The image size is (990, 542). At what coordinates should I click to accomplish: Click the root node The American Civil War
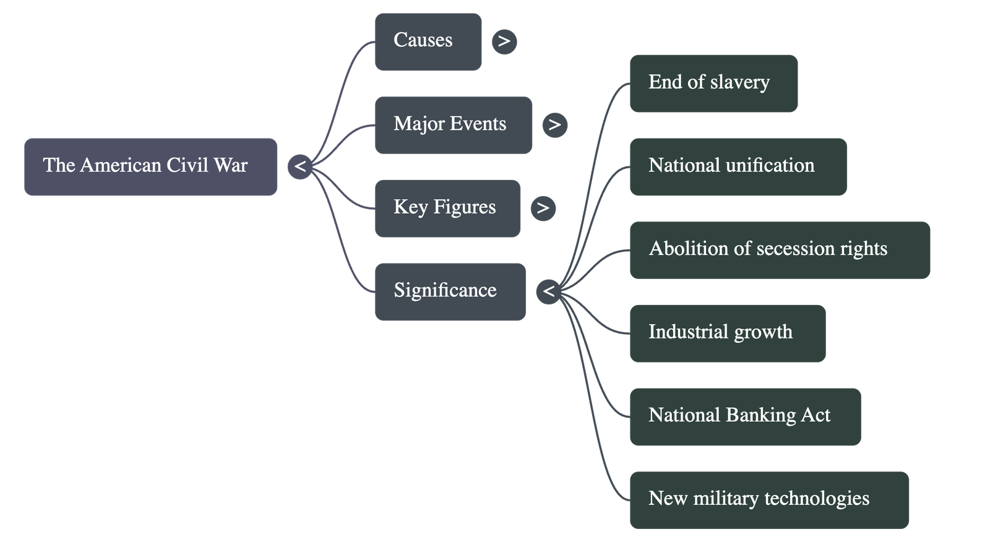151,166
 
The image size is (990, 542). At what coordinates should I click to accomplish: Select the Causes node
428,41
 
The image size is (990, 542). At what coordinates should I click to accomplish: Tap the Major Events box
453,124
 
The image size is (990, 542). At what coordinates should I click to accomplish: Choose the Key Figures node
447,208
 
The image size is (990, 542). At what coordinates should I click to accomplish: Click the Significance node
450,291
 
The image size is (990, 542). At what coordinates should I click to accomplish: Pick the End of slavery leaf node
713,83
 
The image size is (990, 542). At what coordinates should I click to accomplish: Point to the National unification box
738,166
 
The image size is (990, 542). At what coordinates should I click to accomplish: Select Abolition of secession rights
779,249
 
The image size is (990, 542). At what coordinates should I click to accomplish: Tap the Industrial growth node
727,333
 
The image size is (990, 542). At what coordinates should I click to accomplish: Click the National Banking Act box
744,416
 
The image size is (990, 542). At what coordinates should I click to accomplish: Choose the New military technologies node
768,499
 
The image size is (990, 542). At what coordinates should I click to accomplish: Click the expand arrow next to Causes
504,41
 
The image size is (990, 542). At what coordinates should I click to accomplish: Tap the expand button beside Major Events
554,125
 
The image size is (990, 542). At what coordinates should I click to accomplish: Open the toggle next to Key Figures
543,208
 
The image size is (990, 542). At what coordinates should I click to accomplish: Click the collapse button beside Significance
548,291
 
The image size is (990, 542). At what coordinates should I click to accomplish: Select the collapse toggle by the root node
300,166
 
